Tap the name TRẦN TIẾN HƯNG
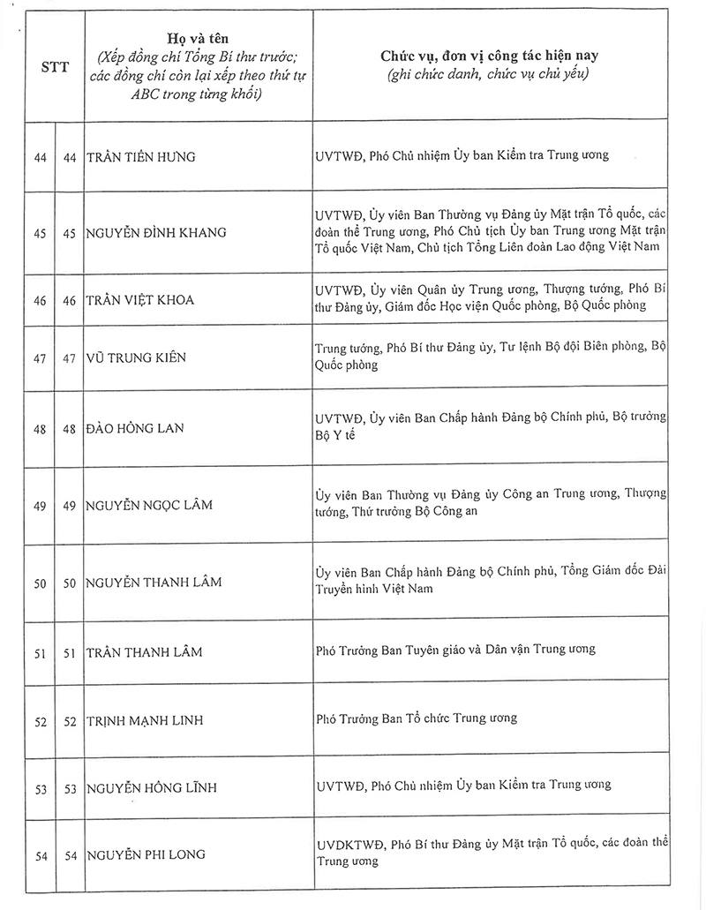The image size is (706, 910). click(x=141, y=157)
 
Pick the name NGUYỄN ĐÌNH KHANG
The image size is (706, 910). click(x=156, y=232)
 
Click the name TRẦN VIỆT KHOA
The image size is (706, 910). click(x=140, y=300)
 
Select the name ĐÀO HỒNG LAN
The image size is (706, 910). click(x=134, y=426)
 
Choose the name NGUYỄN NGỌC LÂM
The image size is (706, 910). click(x=149, y=505)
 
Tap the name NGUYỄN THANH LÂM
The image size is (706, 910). click(x=154, y=583)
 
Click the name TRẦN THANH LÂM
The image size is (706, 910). click(x=145, y=651)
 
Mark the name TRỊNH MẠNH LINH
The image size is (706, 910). click(x=145, y=720)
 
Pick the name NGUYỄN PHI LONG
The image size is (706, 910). click(x=146, y=854)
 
